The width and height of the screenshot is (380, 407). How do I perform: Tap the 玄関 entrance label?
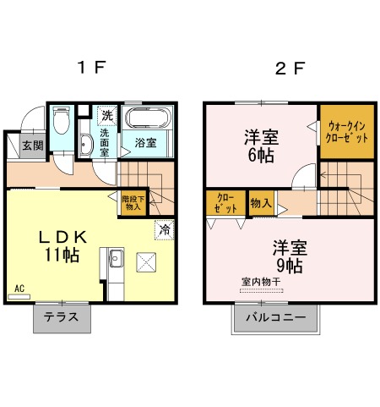(x=32, y=146)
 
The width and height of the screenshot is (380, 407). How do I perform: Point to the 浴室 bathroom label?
(x=146, y=143)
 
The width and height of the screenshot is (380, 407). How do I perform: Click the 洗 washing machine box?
(x=106, y=114)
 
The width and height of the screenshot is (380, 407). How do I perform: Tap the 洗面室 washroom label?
(x=106, y=143)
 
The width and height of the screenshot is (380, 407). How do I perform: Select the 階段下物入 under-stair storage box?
(x=133, y=203)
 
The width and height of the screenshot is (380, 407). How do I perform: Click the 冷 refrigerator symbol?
(x=165, y=228)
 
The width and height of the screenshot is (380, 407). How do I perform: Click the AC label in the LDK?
(x=19, y=289)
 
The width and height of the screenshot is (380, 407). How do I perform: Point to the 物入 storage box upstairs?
(x=261, y=203)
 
